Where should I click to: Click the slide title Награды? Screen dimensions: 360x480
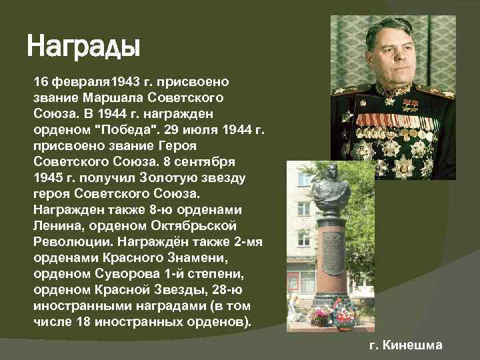pos(83,47)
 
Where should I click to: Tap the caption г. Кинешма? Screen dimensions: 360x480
pos(406,345)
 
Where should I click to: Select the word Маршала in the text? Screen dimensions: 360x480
pos(98,97)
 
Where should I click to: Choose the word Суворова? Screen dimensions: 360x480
pos(115,273)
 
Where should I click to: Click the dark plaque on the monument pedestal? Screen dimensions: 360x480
pos(333,253)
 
